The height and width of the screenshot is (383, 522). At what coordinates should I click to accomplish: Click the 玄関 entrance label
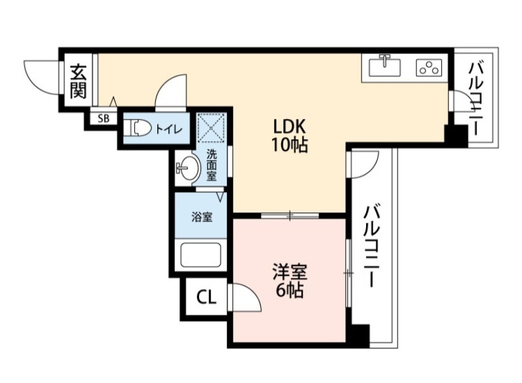tap(78, 80)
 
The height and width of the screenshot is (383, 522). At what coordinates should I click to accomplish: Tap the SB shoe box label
tap(104, 118)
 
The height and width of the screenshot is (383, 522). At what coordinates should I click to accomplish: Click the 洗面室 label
tap(212, 166)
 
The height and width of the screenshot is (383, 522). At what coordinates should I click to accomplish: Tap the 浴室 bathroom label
tap(201, 218)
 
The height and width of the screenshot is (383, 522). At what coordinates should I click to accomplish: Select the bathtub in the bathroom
tap(201, 254)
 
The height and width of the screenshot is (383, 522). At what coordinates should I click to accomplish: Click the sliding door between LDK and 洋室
tap(290, 215)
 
